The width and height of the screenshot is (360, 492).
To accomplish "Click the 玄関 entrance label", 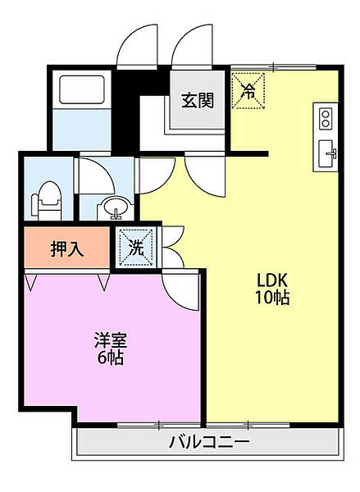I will pyautogui.click(x=198, y=101).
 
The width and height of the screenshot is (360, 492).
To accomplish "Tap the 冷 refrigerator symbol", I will pyautogui.click(x=248, y=90).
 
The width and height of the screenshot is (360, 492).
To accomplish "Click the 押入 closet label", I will pyautogui.click(x=67, y=249).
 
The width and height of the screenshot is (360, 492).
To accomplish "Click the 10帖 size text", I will pyautogui.click(x=271, y=298).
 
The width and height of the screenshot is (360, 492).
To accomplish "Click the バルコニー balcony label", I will pyautogui.click(x=208, y=444).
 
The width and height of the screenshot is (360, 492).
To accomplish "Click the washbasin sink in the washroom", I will pyautogui.click(x=113, y=210).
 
